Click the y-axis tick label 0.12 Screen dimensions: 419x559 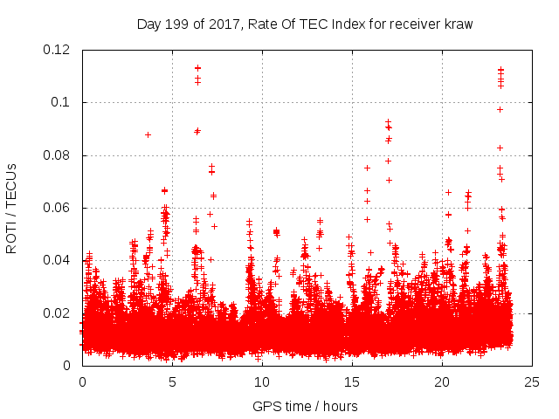pyautogui.click(x=57, y=50)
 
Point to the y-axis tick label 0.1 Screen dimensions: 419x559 pyautogui.click(x=63, y=102)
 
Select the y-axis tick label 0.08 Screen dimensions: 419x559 pyautogui.click(x=57, y=155)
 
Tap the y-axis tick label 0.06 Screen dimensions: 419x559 pyautogui.click(x=57, y=208)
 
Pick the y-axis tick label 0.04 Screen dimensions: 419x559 pyautogui.click(x=57, y=260)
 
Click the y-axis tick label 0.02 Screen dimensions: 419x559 pyautogui.click(x=57, y=313)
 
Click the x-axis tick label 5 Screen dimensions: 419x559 pyautogui.click(x=172, y=381)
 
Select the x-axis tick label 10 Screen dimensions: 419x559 pyautogui.click(x=262, y=381)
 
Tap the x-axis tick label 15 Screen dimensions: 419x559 pyautogui.click(x=352, y=381)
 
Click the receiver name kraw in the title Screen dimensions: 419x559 pyautogui.click(x=457, y=24)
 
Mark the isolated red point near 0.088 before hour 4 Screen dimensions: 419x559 pyautogui.click(x=148, y=134)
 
